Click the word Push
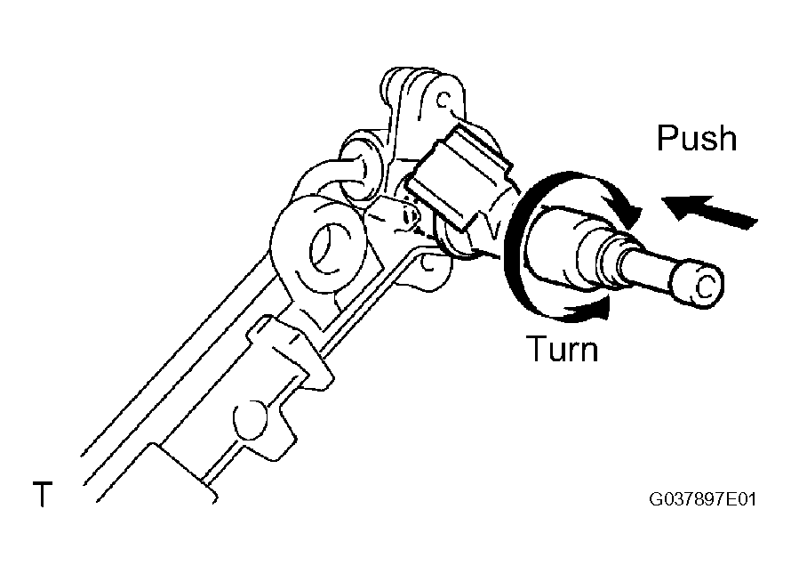[697, 139]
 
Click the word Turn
[562, 349]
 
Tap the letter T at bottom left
[43, 494]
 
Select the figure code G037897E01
[702, 499]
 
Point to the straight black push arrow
[708, 212]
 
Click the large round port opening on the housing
[331, 248]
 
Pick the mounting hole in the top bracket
[443, 100]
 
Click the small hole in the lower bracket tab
[427, 263]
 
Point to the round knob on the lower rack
[249, 419]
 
